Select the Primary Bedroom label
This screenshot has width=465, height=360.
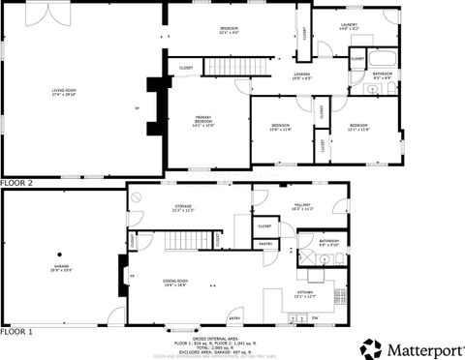pyautogui.click(x=202, y=121)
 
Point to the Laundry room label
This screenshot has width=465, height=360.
pyautogui.click(x=349, y=26)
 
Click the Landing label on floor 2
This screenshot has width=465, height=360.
pyautogui.click(x=302, y=75)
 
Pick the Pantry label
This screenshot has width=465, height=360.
pyautogui.click(x=263, y=244)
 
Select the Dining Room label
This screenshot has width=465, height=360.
pyautogui.click(x=174, y=282)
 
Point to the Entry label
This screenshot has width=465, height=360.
pyautogui.click(x=234, y=317)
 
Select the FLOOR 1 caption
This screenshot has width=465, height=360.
pyautogui.click(x=16, y=331)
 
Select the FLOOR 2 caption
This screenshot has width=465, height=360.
pyautogui.click(x=16, y=182)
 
